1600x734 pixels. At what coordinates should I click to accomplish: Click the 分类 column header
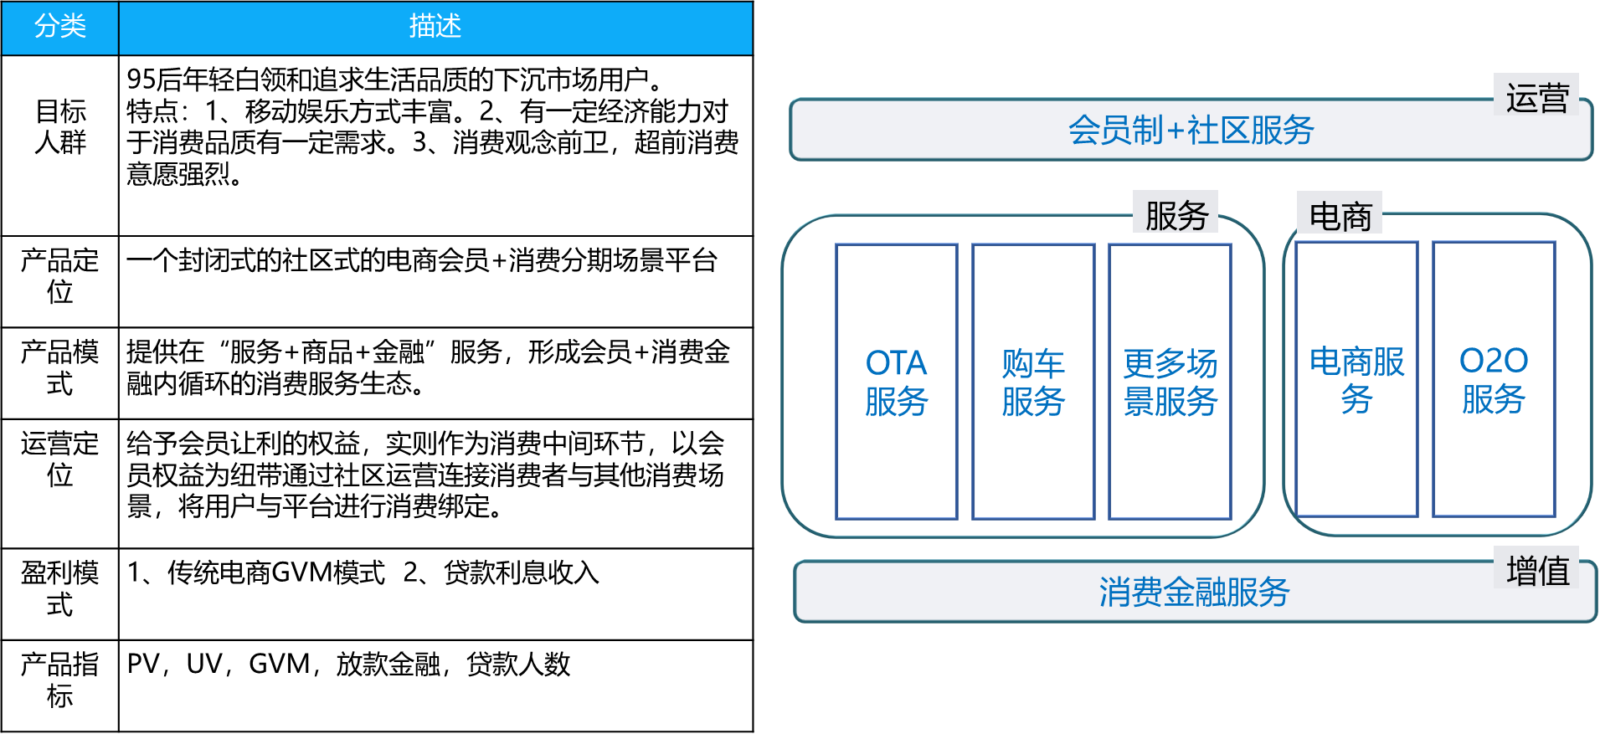[59, 28]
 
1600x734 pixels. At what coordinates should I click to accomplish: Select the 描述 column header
[435, 28]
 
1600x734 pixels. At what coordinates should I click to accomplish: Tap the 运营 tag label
[1536, 97]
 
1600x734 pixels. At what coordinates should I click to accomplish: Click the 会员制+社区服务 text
[1191, 131]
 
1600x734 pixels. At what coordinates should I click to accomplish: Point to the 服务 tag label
[1176, 215]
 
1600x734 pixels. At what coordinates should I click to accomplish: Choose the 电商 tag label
[1340, 216]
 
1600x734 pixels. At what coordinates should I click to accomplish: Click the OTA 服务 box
[897, 382]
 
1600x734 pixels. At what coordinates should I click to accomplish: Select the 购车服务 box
[1033, 382]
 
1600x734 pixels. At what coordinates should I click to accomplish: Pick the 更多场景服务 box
[1170, 382]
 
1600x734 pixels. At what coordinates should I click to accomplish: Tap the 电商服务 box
[1356, 379]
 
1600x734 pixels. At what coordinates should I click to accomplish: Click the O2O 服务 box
[1494, 379]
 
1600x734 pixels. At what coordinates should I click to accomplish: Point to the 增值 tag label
[1537, 570]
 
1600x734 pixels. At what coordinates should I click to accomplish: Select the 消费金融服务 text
[1194, 592]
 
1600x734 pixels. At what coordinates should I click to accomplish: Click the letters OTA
[897, 363]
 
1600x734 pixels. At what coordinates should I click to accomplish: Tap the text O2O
[1494, 361]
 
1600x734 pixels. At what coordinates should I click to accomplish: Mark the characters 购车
[1033, 364]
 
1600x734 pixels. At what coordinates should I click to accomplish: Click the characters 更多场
[1170, 364]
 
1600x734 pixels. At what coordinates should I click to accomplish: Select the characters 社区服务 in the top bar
[1251, 131]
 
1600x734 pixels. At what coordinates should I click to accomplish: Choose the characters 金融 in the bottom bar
[1194, 592]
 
